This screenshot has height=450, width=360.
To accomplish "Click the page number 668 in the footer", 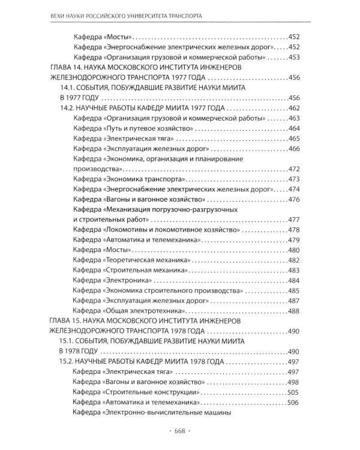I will tap(179, 431).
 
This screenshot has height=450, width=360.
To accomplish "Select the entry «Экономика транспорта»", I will tap(146, 179).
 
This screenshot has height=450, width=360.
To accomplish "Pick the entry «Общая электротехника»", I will tap(144, 311).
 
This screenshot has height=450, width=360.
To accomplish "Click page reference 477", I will tap(293, 220).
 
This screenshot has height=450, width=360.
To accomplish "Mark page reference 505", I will tap(293, 393).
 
